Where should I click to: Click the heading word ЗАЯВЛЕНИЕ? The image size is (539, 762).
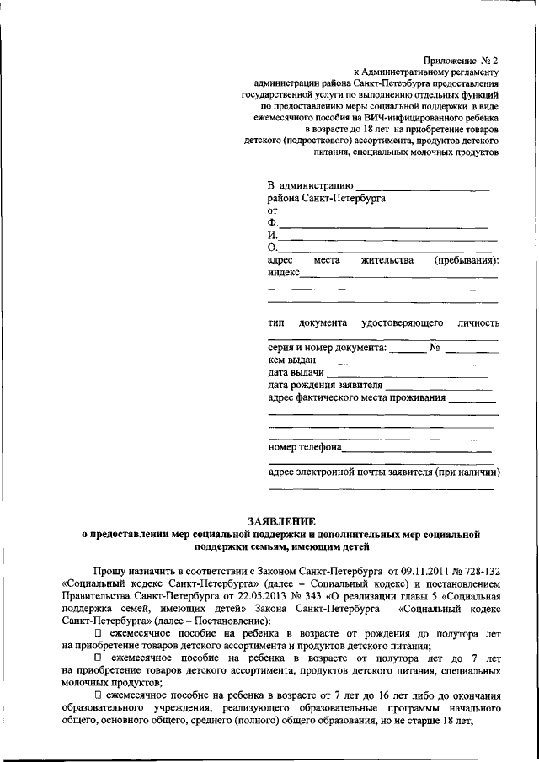(282, 521)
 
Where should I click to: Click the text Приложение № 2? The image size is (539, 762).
(461, 61)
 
